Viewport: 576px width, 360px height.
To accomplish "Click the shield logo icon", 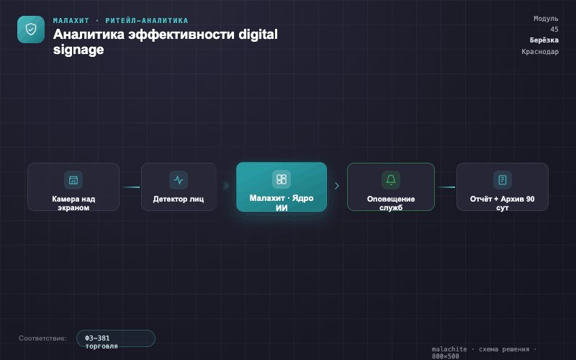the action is [x=31, y=30].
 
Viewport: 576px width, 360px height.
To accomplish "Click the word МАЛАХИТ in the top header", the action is [x=71, y=21].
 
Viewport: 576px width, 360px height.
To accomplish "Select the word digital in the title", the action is [x=258, y=34].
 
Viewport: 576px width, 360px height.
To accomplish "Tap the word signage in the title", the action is [x=78, y=50].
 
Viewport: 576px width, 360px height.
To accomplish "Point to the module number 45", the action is [x=554, y=30].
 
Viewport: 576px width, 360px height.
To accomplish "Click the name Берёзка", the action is [x=544, y=40].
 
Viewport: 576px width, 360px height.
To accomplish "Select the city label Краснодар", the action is [x=540, y=51].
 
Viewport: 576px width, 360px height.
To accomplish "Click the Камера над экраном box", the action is [x=73, y=187].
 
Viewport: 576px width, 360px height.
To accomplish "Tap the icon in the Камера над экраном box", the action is [x=73, y=179].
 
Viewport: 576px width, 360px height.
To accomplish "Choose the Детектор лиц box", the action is [x=179, y=187].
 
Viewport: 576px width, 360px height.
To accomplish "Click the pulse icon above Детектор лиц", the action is [x=179, y=179].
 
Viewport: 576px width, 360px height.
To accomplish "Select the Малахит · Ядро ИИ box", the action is [x=282, y=187].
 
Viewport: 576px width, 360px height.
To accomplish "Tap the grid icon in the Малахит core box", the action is [x=282, y=179].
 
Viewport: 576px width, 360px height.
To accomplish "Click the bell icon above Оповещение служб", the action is [x=391, y=179].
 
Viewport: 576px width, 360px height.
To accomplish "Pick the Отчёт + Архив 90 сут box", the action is [x=503, y=187].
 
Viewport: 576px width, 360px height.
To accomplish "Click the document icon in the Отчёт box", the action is [x=503, y=179].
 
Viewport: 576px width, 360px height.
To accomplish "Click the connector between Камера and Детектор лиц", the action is [x=131, y=187].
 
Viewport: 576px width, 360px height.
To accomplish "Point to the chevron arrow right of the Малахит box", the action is [x=337, y=186].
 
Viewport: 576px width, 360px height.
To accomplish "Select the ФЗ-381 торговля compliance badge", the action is [x=116, y=338].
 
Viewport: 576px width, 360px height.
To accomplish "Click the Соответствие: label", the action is [x=42, y=338].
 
